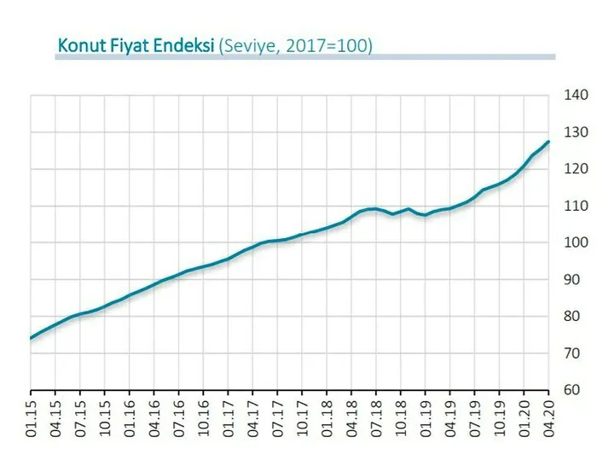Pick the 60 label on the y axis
click(572, 389)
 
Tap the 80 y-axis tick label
click(572, 316)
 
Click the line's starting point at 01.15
click(31, 338)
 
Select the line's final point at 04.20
click(548, 142)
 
